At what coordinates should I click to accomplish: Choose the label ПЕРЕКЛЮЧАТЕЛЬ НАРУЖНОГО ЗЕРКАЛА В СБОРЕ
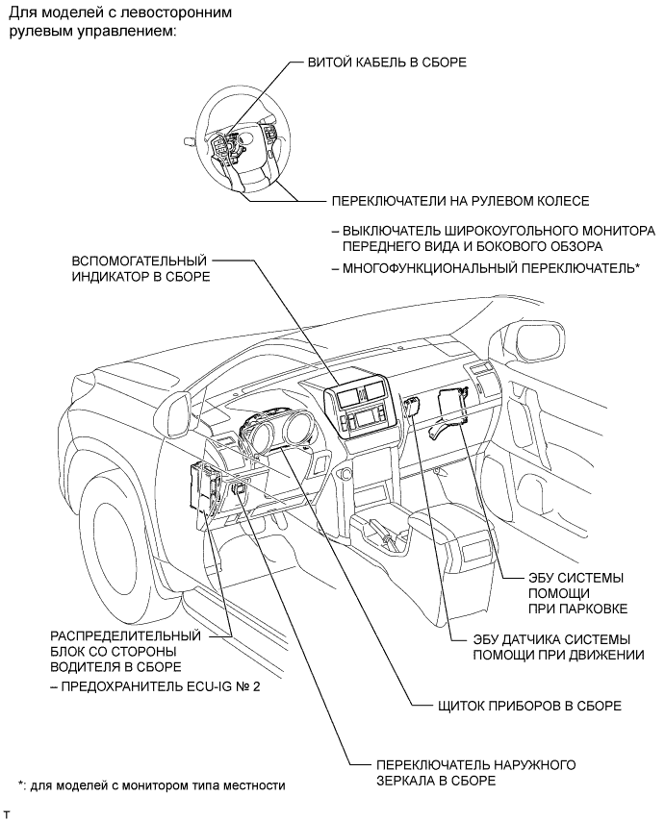(x=475, y=772)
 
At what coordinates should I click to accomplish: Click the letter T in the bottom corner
(x=7, y=813)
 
